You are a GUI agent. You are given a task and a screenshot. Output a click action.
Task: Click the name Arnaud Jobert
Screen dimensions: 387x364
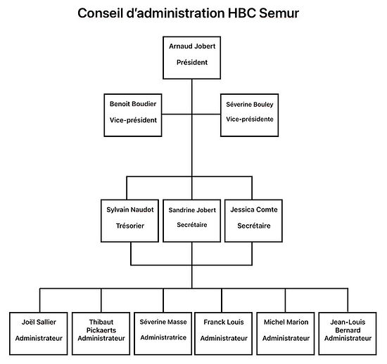[192, 46]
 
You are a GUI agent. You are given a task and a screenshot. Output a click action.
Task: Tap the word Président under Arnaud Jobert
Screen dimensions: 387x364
[192, 63]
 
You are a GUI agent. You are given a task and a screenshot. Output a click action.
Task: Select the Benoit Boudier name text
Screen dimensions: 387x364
[133, 104]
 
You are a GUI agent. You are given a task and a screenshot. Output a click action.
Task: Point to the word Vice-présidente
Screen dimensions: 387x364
[250, 119]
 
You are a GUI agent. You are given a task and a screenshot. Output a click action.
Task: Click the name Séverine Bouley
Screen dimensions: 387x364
[250, 105]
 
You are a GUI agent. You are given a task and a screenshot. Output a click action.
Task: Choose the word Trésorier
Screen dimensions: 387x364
[130, 226]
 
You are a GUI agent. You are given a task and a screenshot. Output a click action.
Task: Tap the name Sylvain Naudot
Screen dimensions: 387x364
[130, 209]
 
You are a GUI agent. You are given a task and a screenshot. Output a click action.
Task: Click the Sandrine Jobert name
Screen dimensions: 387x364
[192, 210]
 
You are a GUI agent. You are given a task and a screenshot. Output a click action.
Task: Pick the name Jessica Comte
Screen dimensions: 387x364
[254, 209]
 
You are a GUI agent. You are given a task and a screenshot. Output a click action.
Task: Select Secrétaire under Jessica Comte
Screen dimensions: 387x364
[254, 226]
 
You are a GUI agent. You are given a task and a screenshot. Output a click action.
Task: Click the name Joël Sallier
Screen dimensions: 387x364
[39, 322]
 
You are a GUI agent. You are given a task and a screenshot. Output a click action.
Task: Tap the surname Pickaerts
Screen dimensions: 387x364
[101, 330]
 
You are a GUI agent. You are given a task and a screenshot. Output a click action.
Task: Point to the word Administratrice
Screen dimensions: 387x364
[163, 337]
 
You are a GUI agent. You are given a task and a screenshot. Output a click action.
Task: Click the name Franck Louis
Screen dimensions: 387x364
[224, 322]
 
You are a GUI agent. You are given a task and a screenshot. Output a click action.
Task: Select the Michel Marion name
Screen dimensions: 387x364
[286, 322]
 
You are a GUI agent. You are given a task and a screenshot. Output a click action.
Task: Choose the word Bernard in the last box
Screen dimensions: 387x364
[348, 330]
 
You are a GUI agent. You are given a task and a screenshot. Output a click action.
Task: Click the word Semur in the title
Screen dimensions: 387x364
[279, 13]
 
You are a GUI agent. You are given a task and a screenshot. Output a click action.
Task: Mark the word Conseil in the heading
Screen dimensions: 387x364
[100, 13]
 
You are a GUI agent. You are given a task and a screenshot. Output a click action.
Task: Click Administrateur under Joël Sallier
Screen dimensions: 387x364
[39, 339]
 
